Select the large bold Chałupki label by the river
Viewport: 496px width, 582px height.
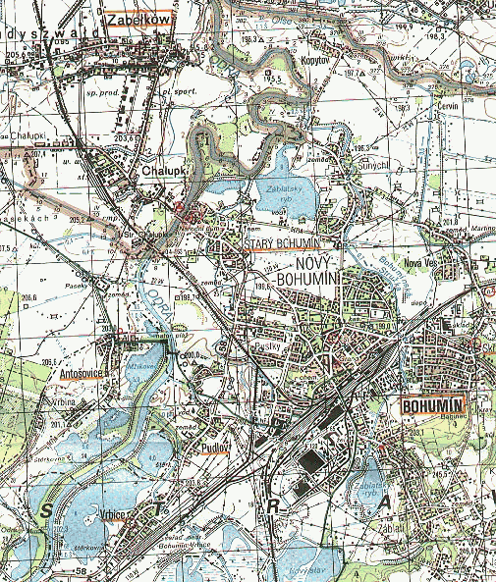pyautogui.click(x=163, y=169)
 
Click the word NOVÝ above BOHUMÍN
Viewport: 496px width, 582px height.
pyautogui.click(x=315, y=266)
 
